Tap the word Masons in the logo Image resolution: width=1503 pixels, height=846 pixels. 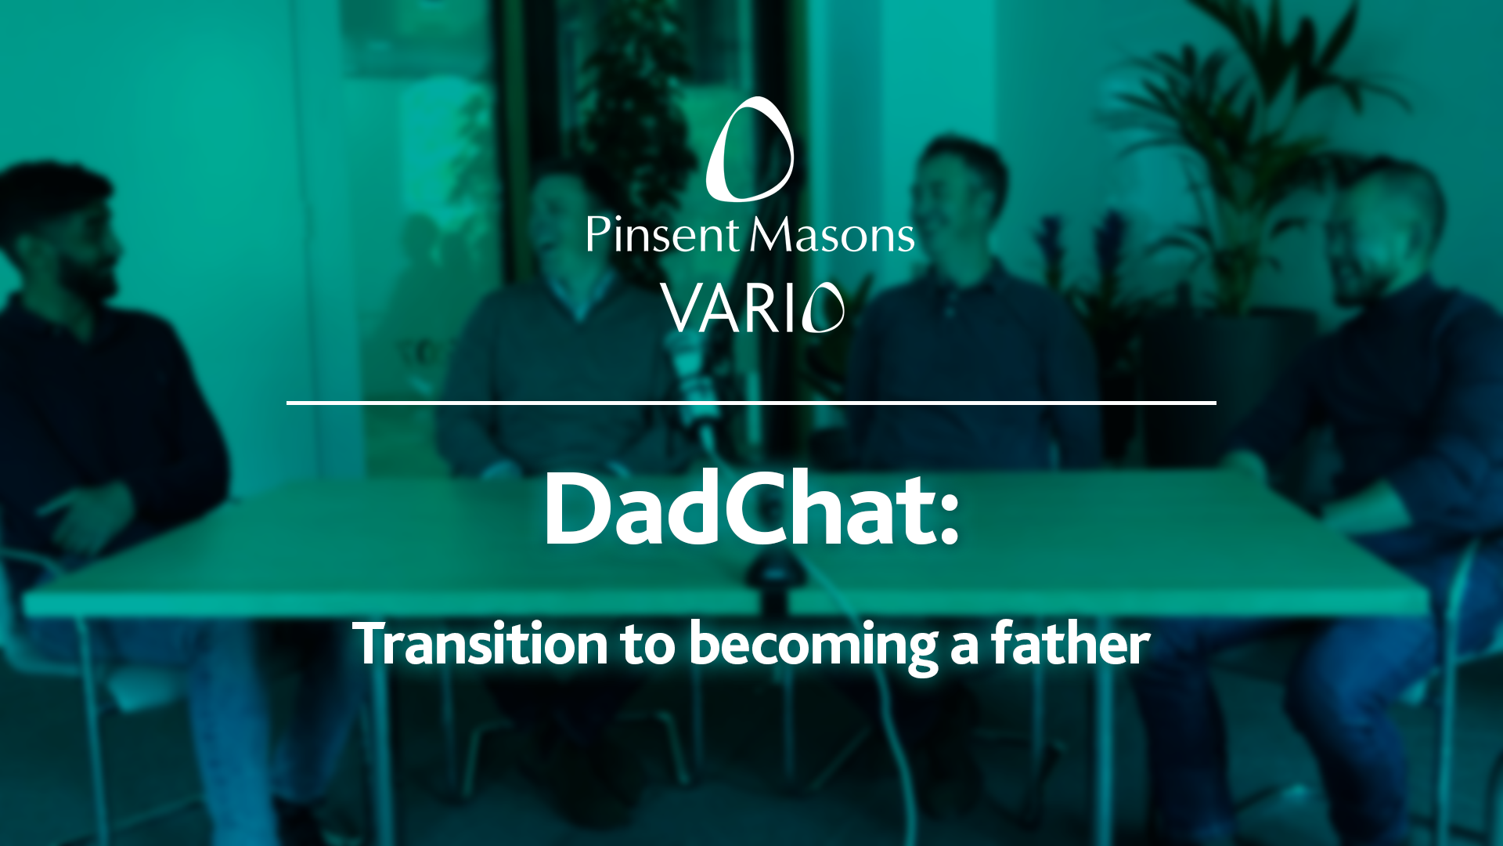pyautogui.click(x=832, y=234)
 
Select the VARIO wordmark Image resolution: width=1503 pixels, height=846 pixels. pyautogui.click(x=752, y=308)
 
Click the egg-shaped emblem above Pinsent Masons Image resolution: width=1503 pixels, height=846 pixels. pyautogui.click(x=750, y=149)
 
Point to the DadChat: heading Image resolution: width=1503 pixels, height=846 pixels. pyautogui.click(x=751, y=510)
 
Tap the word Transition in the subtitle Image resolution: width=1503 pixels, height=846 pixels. pyautogui.click(x=480, y=644)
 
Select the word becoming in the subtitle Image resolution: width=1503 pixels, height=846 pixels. pyautogui.click(x=813, y=645)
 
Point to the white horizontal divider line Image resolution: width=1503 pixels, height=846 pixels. pyautogui.click(x=751, y=403)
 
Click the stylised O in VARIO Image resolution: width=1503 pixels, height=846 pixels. pyautogui.click(x=824, y=308)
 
